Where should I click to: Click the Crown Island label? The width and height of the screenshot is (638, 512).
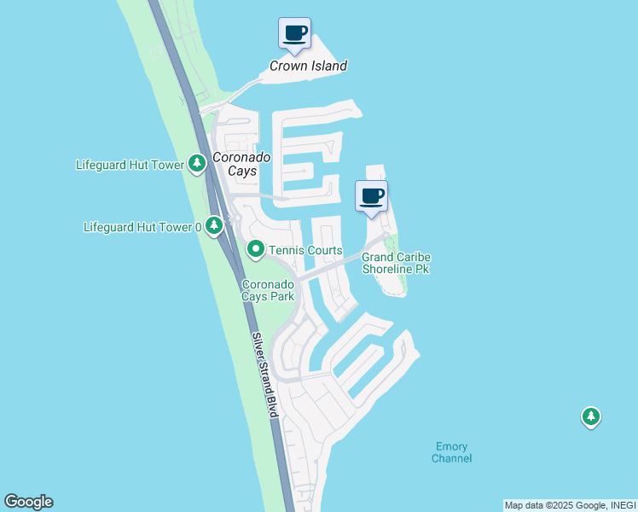coord(309,66)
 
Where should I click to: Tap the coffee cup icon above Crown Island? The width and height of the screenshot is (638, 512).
coord(295,33)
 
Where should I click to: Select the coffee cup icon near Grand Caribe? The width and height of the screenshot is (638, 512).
coord(371,196)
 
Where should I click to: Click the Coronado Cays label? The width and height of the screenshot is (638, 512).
coord(241,164)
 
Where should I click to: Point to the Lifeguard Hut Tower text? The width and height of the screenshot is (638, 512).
coord(130,165)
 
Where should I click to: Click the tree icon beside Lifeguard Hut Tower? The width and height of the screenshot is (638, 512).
coord(197,163)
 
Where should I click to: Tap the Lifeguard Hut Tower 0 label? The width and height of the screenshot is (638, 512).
coord(142,227)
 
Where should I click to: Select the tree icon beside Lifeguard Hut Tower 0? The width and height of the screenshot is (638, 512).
coord(214,226)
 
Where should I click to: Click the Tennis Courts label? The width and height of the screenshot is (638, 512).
coord(305,250)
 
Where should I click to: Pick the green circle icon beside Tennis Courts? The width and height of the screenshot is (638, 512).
coord(255,250)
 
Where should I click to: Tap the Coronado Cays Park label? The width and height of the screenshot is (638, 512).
coord(268,290)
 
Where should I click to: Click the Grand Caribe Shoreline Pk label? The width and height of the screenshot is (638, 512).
coord(396,263)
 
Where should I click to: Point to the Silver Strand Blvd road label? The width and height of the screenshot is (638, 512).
coord(266,375)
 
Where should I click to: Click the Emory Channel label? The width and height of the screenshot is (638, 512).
coord(451,452)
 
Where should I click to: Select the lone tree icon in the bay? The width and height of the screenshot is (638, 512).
coord(590,417)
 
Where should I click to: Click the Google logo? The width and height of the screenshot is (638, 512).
coord(28,502)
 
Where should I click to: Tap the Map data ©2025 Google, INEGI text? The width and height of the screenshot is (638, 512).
coord(570,505)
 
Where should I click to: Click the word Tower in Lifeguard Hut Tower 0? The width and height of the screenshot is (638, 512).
coord(176,227)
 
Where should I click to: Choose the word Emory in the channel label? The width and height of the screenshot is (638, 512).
coord(451,446)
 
